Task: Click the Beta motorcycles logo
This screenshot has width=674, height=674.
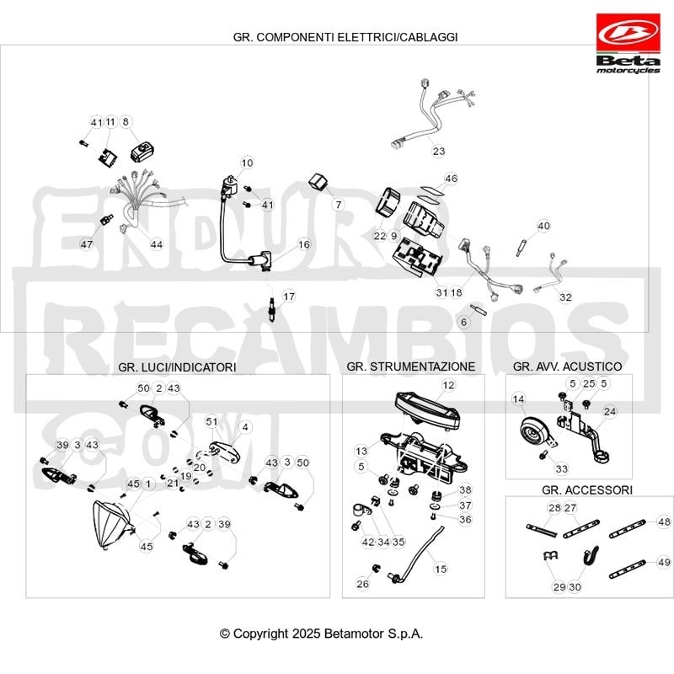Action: point(628,43)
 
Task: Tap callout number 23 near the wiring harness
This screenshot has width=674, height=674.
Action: point(438,152)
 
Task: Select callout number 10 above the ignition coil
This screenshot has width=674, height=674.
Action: point(247,163)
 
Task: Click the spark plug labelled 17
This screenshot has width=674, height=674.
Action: point(271,308)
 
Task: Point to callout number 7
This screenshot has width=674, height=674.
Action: point(339,205)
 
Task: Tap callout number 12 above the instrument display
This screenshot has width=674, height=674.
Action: point(448,385)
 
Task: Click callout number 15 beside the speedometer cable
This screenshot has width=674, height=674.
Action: point(441,570)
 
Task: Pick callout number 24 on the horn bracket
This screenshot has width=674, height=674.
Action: point(610,411)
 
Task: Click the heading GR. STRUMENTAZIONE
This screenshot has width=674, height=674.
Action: point(411,366)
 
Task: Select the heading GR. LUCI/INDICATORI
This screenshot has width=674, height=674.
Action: point(177,367)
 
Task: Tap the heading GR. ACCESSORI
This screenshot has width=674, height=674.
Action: point(587,490)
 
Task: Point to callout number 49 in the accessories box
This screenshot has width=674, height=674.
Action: point(664,562)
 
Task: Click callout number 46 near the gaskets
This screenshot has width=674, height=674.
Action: point(451,179)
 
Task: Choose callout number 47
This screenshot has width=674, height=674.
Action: point(87,244)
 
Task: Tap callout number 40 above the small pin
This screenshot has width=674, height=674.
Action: point(543,226)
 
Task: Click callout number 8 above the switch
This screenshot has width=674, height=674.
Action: point(126,121)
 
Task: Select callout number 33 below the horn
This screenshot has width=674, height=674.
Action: point(562,468)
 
